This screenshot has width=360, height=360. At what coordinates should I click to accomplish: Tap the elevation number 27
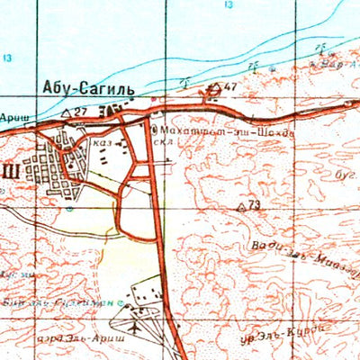pyautogui.click(x=82, y=111)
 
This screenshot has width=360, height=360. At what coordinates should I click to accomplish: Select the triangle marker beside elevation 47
pyautogui.click(x=215, y=88)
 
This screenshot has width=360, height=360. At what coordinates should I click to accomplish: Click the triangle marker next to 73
pyautogui.click(x=241, y=207)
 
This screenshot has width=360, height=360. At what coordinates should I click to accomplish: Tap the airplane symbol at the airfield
pyautogui.click(x=133, y=326)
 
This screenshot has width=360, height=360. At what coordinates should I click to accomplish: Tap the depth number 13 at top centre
pyautogui.click(x=228, y=4)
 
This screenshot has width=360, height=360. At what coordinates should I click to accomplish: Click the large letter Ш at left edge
pyautogui.click(x=9, y=170)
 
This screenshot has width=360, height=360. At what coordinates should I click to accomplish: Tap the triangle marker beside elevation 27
pyautogui.click(x=67, y=112)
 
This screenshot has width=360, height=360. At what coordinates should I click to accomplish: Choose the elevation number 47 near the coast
pyautogui.click(x=231, y=87)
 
